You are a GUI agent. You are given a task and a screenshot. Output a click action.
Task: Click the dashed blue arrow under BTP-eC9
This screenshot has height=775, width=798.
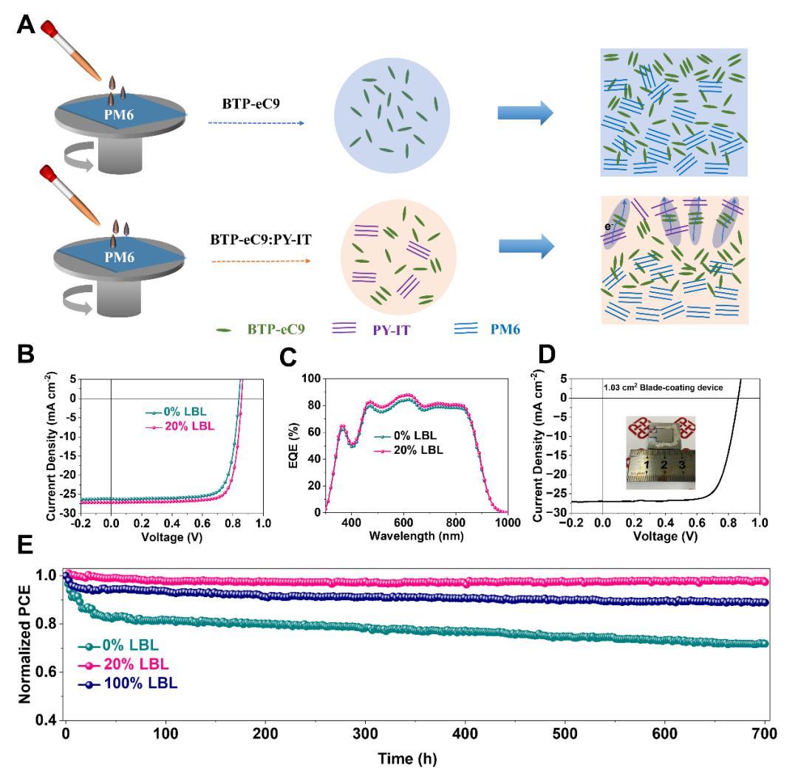(256, 123)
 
